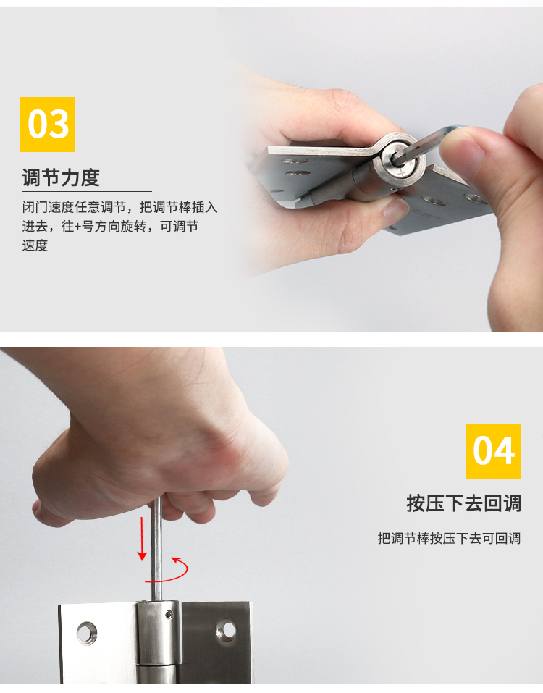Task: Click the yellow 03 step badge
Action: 48,125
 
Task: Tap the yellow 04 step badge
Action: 492,451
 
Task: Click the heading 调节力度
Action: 61,177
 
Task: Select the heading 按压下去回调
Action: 464,503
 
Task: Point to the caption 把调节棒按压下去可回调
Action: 449,538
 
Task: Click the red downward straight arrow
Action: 143,538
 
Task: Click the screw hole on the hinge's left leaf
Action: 87,634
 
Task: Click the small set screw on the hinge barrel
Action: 169,613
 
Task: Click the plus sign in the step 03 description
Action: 77,227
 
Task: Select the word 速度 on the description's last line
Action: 35,245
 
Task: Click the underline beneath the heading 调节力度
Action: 87,191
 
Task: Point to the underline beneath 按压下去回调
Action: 456,518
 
